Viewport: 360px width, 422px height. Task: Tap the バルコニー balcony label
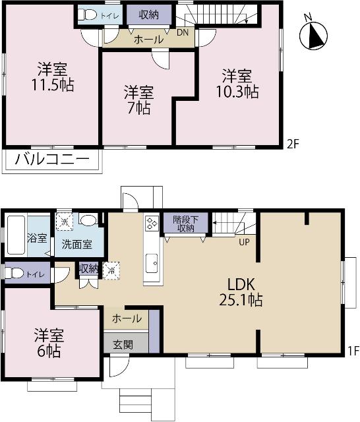click(x=51, y=160)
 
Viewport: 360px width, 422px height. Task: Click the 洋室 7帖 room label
click(x=138, y=100)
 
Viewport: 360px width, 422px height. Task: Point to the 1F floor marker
click(x=353, y=351)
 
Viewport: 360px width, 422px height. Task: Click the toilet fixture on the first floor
click(x=15, y=272)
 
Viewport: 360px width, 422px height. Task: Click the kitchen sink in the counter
click(x=152, y=262)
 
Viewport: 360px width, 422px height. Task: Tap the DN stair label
click(x=183, y=31)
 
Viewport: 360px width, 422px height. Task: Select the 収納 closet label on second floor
click(x=148, y=14)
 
